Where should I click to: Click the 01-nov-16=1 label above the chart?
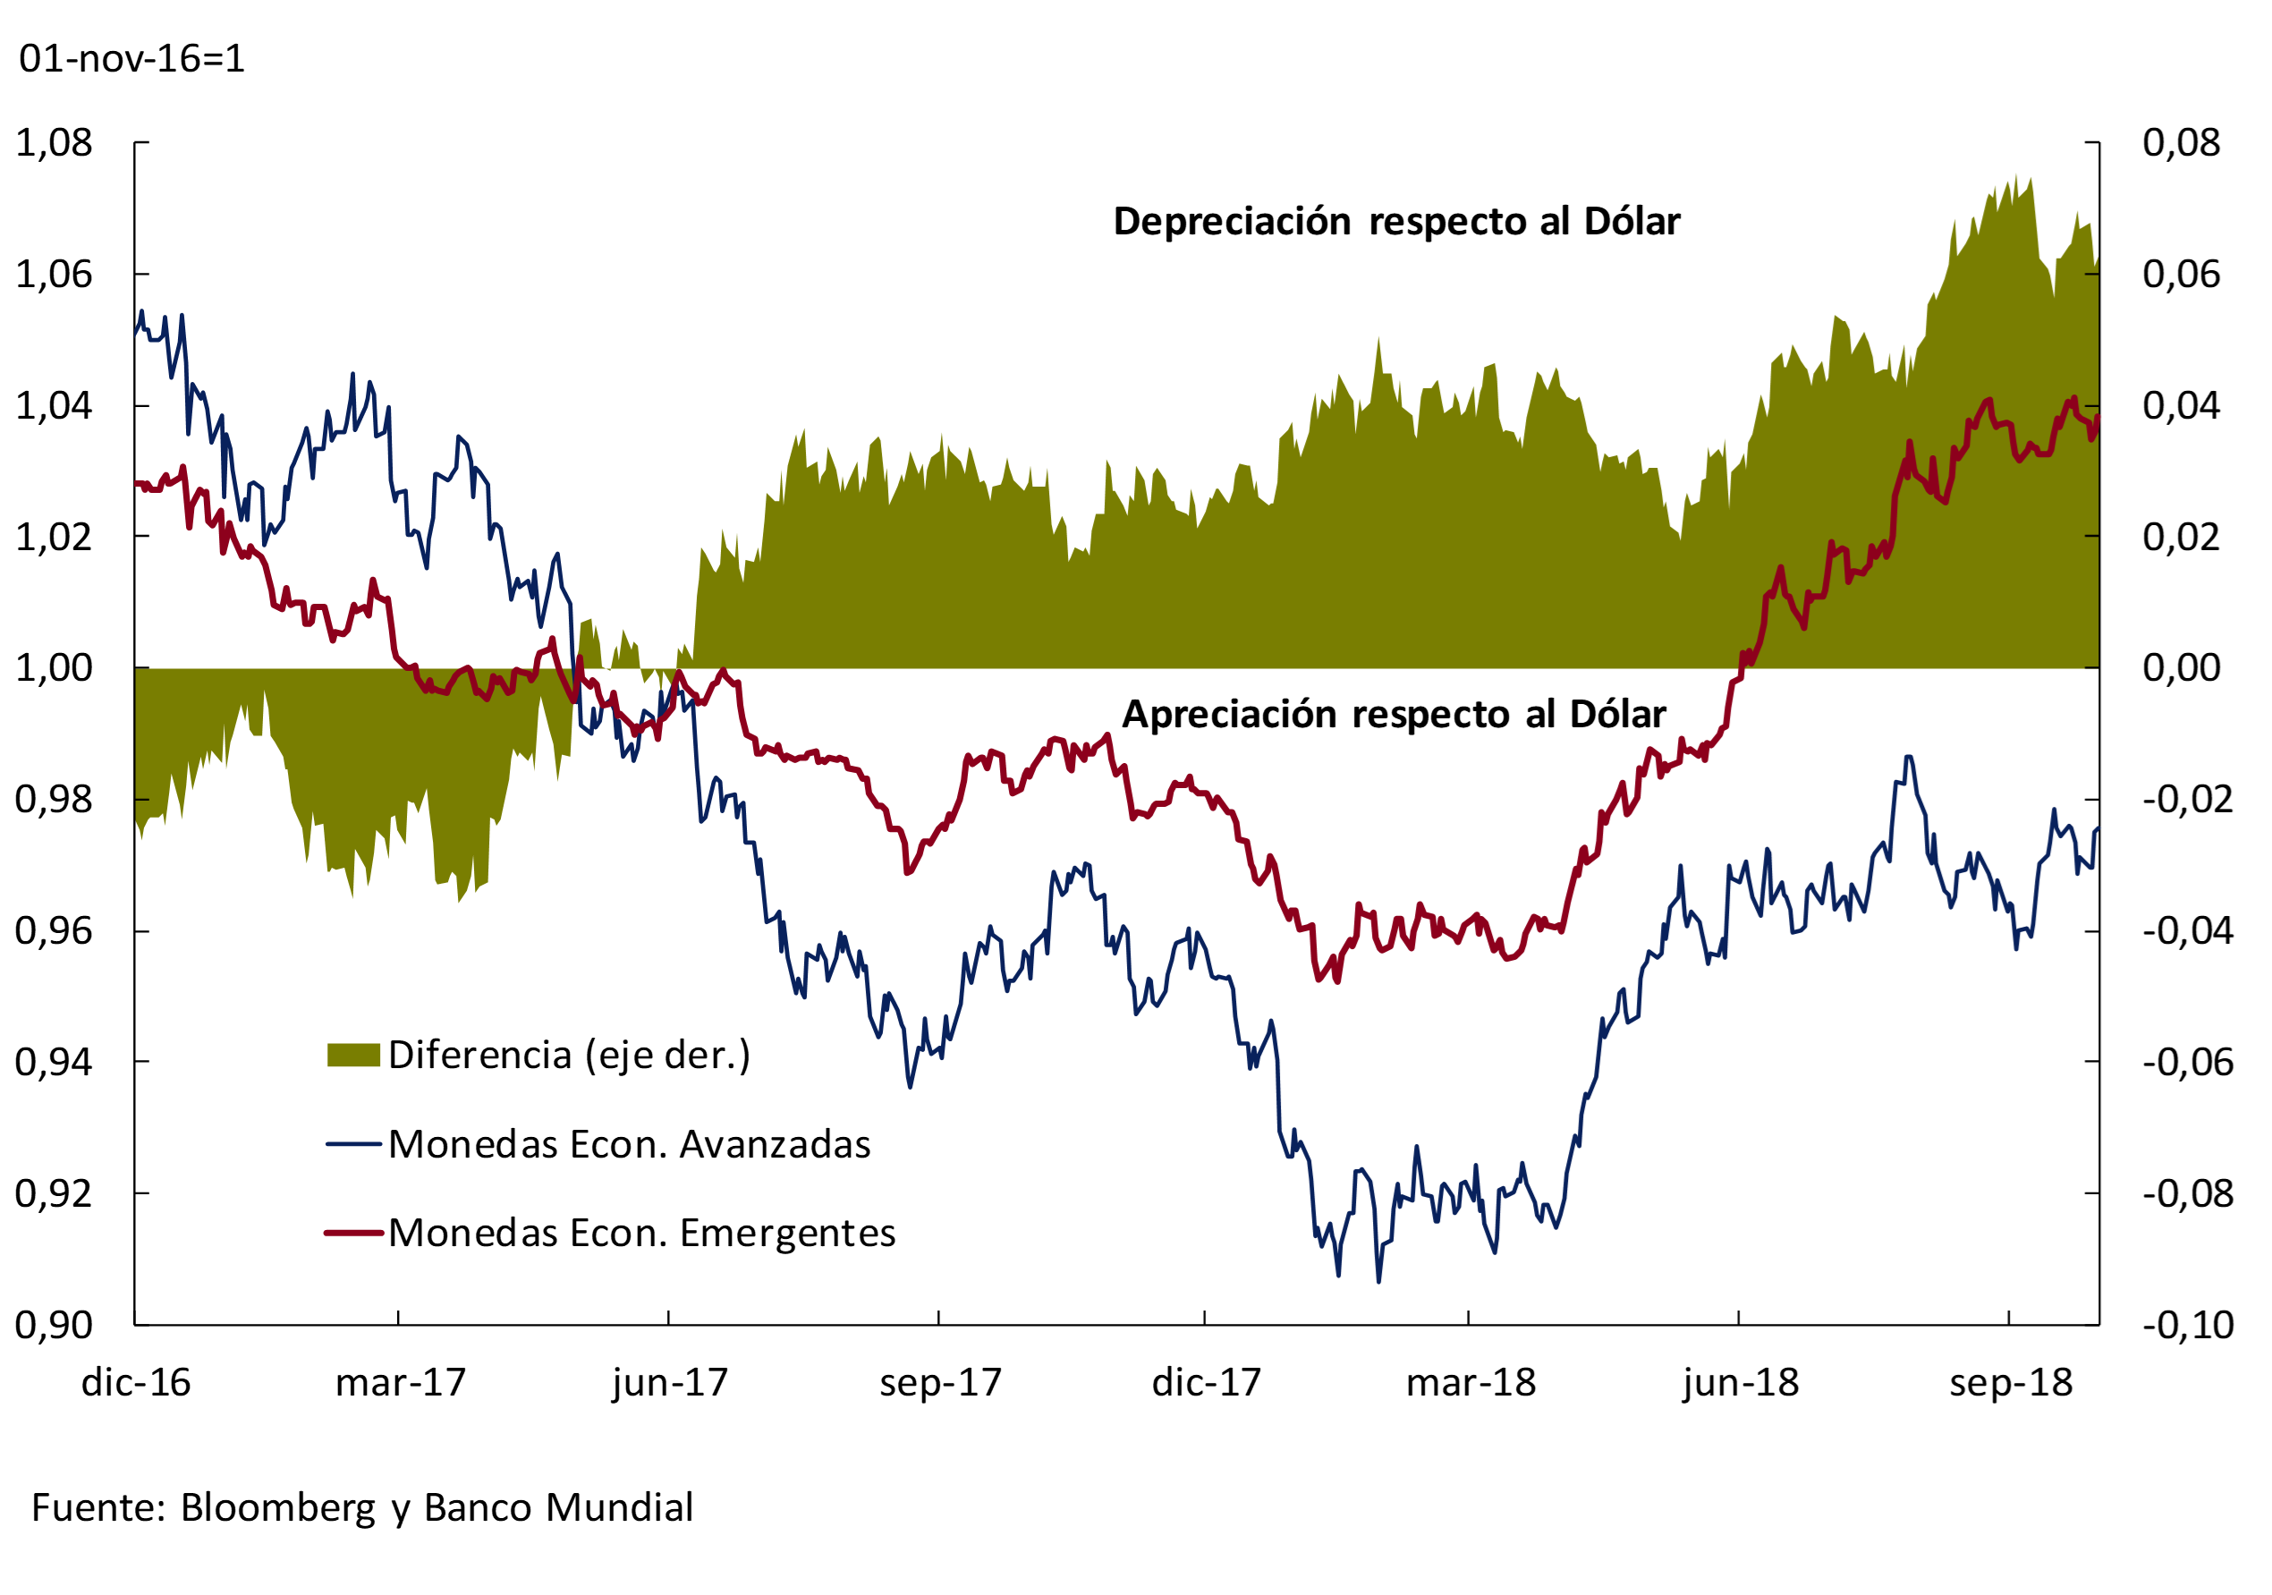pos(131,58)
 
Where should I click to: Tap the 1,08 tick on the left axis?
pos(55,142)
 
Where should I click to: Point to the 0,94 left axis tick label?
pos(55,1062)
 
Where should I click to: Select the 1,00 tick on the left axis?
pos(55,668)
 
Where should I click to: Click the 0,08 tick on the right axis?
pos(2181,142)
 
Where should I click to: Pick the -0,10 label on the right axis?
pos(2188,1325)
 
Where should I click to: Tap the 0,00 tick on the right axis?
pos(2181,668)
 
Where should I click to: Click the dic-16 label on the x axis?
pos(136,1382)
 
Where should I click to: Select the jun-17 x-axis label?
pos(670,1382)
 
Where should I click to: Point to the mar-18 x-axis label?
pos(1471,1382)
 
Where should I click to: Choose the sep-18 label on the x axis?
pos(2011,1382)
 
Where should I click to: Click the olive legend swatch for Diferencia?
pos(353,1055)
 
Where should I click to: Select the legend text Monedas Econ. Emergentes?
pos(641,1233)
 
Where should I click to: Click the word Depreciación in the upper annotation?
pos(1232,222)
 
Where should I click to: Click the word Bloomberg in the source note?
pos(278,1507)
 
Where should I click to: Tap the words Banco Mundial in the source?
pos(558,1507)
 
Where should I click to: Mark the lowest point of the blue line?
pos(1378,1282)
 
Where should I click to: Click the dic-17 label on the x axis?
pos(1207,1382)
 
